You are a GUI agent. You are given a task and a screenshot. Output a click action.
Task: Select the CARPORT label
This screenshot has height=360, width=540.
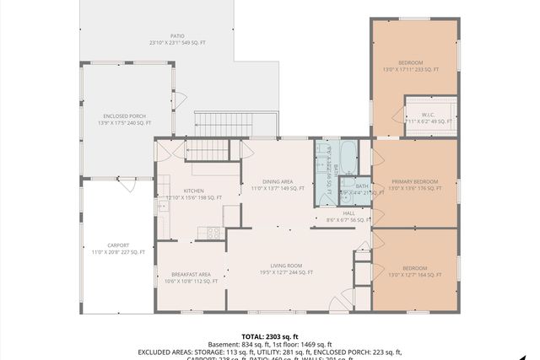[118, 248]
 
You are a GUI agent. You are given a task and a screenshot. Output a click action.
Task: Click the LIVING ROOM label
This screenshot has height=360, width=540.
[286, 268]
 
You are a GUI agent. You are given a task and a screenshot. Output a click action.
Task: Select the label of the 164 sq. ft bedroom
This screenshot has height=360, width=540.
[414, 271]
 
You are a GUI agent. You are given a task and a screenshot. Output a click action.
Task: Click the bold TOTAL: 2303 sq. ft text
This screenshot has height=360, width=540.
[269, 336]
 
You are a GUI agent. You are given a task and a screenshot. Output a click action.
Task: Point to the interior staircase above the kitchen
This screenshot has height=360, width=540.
[208, 151]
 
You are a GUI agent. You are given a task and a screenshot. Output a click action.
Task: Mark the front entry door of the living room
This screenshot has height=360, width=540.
[341, 302]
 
